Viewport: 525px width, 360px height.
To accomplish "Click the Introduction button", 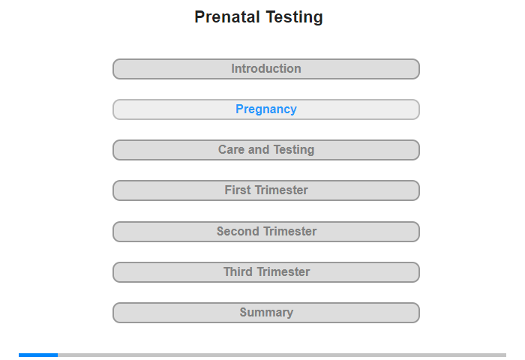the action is (266, 69).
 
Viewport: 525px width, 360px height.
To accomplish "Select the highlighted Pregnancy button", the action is (266, 109).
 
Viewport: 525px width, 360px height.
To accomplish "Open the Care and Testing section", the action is (266, 150).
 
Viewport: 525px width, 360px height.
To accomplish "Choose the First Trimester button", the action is (266, 190).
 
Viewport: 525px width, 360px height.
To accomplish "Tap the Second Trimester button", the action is (266, 232).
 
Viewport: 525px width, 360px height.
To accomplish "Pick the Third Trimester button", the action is (266, 272).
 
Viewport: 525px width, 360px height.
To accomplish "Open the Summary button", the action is (266, 313).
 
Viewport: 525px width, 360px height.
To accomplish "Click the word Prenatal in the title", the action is (227, 17).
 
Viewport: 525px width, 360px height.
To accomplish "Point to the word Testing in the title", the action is (295, 17).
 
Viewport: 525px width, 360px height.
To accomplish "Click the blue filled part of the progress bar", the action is (38, 355).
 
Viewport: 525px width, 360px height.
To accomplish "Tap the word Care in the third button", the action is (231, 150).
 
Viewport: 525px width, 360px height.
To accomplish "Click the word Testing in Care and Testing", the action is (294, 150).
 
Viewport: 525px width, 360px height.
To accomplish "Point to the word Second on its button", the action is (238, 232).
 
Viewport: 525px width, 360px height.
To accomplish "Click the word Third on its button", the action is (238, 272).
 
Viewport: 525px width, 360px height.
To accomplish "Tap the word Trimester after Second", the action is (289, 232).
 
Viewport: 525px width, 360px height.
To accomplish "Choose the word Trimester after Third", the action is (283, 272).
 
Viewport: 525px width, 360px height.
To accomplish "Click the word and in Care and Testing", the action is (259, 150).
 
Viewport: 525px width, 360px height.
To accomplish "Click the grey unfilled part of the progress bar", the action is (282, 355).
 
